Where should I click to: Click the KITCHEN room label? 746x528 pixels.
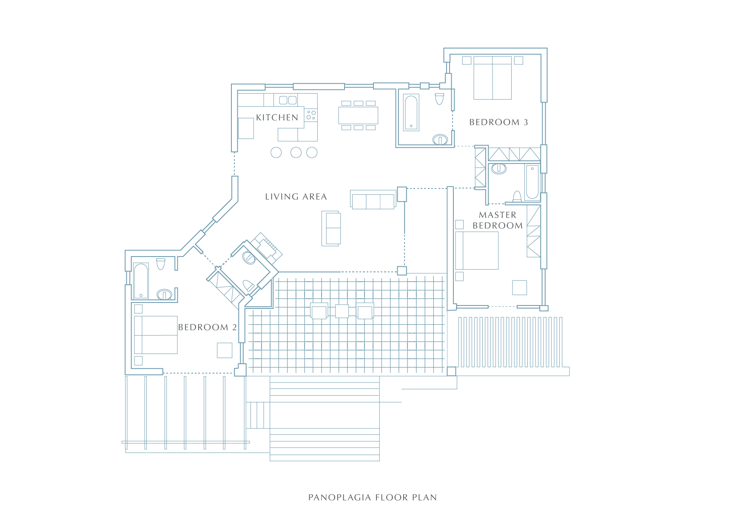277,117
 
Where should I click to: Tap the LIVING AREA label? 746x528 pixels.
296,197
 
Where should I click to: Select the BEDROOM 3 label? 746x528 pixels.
498,122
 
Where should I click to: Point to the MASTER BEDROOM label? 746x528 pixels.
498,220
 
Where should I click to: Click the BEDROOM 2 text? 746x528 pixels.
208,327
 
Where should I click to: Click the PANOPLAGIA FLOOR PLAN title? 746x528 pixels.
373,497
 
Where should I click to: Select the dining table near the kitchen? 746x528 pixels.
359,115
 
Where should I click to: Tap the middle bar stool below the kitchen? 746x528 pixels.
296,152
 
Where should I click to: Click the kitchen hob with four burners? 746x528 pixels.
311,115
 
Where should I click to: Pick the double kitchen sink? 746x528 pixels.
288,100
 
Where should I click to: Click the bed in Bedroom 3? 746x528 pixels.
493,78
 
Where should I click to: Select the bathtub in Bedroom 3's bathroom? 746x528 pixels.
411,112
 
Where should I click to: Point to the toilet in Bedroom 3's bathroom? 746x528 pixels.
440,99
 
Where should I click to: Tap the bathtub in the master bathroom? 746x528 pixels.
532,182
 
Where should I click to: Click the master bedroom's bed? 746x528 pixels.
477,251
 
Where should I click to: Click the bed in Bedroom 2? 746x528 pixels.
156,335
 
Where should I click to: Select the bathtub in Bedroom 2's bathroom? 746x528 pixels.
141,281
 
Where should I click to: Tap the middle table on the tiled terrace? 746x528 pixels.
342,311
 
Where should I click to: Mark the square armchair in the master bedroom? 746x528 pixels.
520,288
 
